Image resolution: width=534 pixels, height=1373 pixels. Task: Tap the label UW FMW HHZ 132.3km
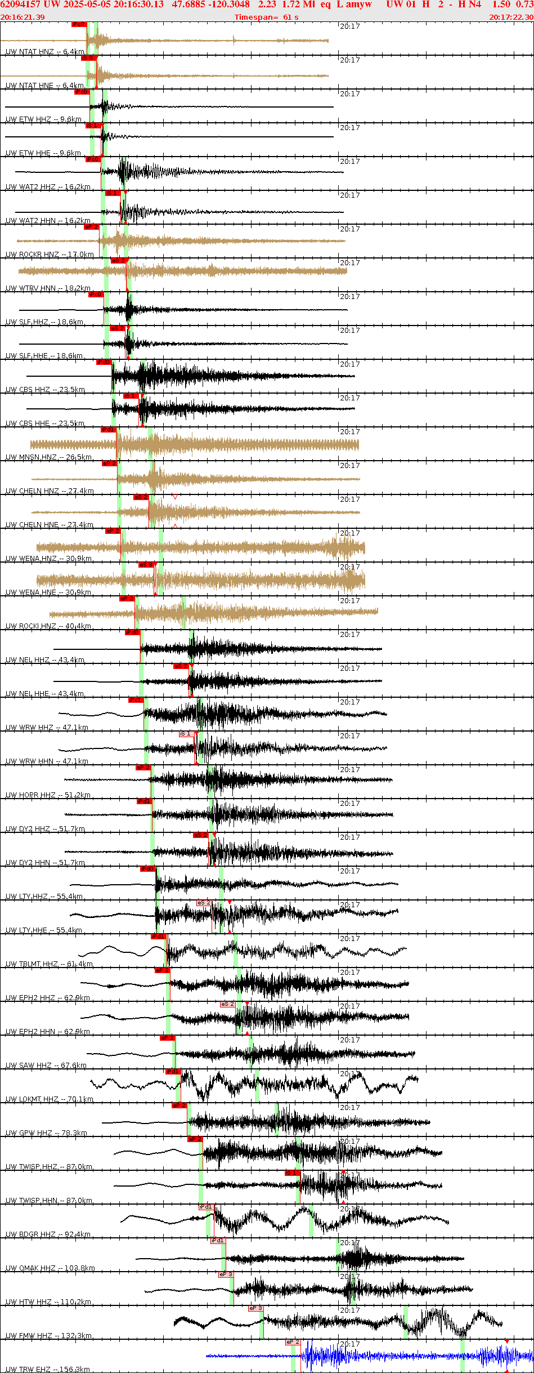[x=48, y=1335]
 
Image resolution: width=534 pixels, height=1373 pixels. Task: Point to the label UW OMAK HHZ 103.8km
[x=50, y=1268]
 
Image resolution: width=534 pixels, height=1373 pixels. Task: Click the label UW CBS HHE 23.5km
[x=45, y=424]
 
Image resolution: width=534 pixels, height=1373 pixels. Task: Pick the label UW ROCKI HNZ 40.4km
[x=48, y=626]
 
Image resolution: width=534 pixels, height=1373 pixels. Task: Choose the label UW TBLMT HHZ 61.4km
[x=49, y=964]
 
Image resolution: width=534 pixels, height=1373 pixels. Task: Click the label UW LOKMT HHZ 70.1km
[x=50, y=1099]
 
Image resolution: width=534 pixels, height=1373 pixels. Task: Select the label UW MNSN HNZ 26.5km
[x=48, y=457]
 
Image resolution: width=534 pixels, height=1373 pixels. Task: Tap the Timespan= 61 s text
[x=266, y=17]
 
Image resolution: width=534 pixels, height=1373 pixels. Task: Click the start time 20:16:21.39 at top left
[x=23, y=17]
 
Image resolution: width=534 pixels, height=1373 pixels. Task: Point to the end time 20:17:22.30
[x=511, y=17]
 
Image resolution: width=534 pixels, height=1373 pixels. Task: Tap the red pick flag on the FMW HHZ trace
[x=255, y=1308]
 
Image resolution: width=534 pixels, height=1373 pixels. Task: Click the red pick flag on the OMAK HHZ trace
[x=217, y=1241]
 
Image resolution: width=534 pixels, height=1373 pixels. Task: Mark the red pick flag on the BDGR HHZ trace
[x=205, y=1207]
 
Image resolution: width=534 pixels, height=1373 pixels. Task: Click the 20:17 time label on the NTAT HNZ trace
[x=349, y=26]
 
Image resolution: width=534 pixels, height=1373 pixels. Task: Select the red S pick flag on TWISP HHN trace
[x=292, y=1173]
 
